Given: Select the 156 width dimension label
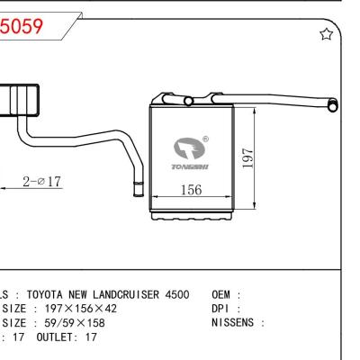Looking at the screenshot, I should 191,191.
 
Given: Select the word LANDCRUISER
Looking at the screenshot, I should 131,295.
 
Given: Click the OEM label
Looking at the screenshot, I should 223,295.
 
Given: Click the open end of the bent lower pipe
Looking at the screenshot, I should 138,190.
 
